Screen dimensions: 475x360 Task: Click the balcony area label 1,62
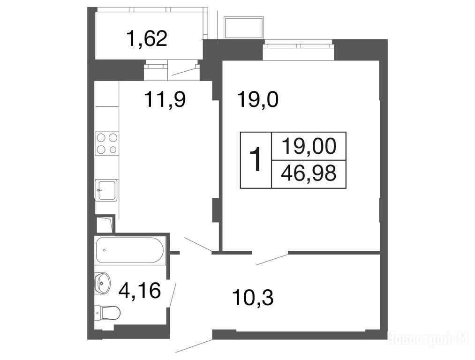(x=147, y=38)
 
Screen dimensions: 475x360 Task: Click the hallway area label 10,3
(x=253, y=297)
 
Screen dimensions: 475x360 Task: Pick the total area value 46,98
(x=309, y=173)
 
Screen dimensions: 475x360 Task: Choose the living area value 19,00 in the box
(x=309, y=146)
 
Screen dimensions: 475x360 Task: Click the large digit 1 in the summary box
(x=256, y=159)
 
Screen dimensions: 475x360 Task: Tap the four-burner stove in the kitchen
(x=107, y=143)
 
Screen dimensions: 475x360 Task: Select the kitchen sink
(x=106, y=190)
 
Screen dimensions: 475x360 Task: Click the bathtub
(x=130, y=250)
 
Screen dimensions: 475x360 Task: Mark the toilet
(x=107, y=313)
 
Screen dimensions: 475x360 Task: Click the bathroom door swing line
(x=173, y=295)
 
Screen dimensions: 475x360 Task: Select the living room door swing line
(x=272, y=260)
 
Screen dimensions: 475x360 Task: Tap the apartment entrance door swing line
(x=194, y=345)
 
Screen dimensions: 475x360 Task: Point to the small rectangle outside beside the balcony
(x=243, y=28)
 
